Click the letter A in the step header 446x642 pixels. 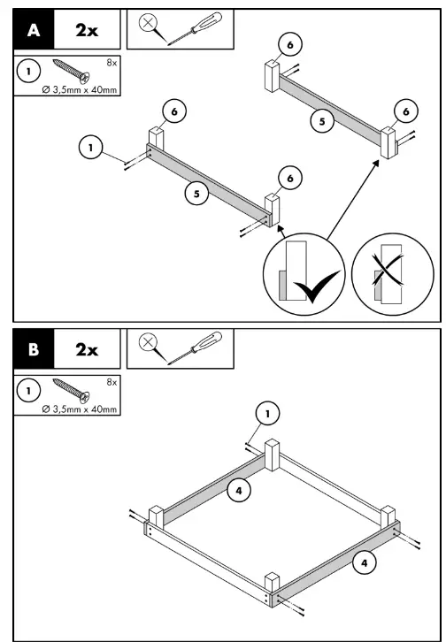click(35, 30)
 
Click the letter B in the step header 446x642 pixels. click(35, 349)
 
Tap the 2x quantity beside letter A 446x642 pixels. click(87, 30)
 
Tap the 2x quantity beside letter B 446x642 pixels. click(87, 349)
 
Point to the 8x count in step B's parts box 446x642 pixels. click(110, 382)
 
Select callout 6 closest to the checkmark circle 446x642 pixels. click(286, 179)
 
